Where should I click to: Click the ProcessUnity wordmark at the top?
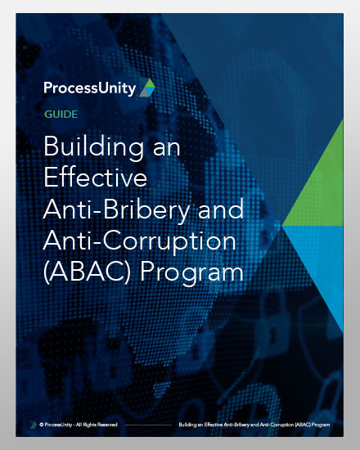(90, 88)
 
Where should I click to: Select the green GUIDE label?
(62, 115)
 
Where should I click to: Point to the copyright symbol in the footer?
(43, 425)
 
